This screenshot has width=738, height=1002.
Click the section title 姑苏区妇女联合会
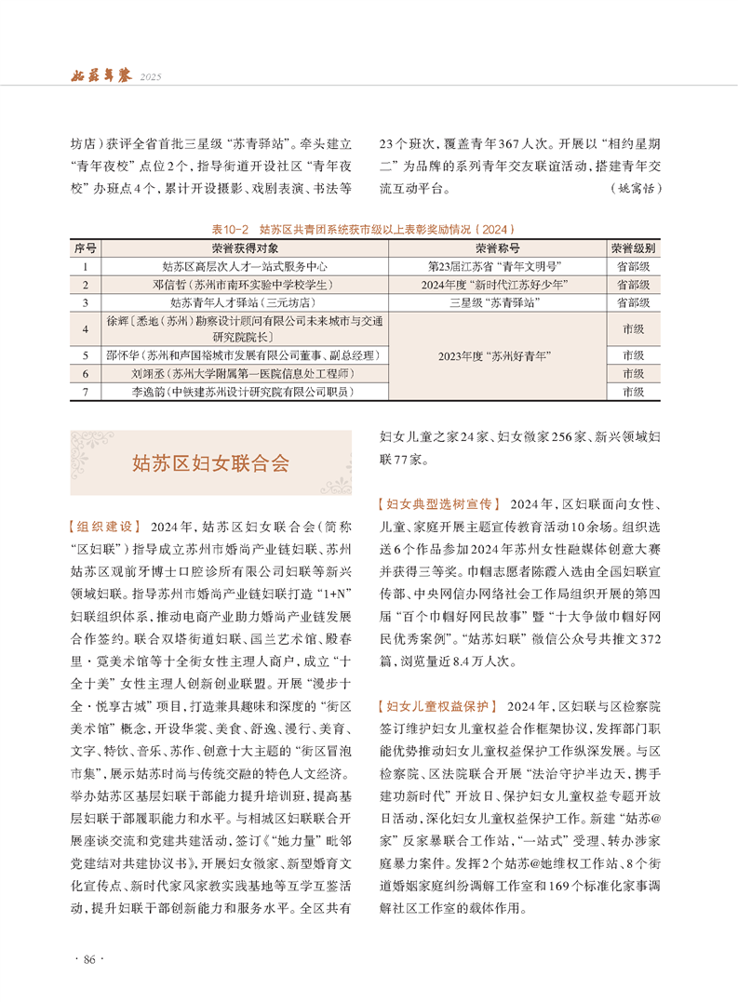(x=209, y=462)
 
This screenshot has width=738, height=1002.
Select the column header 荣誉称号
(x=497, y=249)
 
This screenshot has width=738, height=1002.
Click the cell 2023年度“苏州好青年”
(x=497, y=354)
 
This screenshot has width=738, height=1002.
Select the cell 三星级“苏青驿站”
(x=497, y=302)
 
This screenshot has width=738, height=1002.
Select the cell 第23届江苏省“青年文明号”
(x=497, y=266)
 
